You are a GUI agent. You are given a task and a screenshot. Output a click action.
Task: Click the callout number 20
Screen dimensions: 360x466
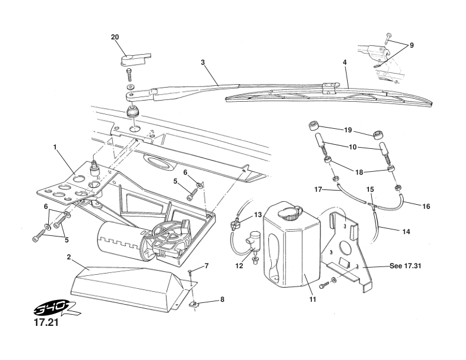pos(115,37)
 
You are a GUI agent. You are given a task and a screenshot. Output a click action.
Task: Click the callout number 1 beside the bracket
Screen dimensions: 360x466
pos(55,149)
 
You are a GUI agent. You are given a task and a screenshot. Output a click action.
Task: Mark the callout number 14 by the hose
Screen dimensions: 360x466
pos(406,232)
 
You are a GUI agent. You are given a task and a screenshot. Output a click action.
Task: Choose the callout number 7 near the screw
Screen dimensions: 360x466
pos(207,267)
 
